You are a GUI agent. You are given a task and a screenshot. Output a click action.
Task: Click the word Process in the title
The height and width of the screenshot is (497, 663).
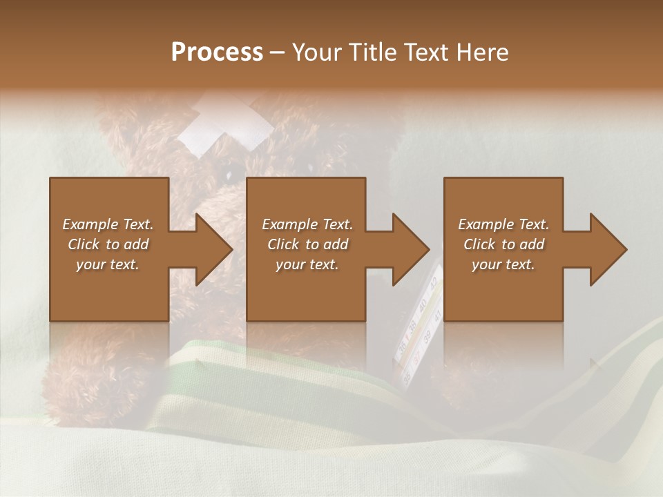point(217,52)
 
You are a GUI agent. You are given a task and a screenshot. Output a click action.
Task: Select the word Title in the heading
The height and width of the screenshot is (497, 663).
point(374,52)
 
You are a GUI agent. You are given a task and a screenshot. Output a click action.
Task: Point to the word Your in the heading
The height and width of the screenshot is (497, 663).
point(318,52)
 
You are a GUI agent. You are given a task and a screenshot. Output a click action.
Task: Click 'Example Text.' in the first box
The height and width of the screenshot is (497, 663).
point(108,224)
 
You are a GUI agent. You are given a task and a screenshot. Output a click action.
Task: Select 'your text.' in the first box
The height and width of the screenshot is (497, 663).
point(108,264)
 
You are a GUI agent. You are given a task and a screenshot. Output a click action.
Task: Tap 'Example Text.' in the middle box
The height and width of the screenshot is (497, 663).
point(307,224)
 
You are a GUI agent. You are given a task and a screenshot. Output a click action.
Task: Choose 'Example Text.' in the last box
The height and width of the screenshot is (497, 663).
point(503,224)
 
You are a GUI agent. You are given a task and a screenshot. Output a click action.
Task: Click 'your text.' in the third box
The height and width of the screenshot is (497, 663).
point(503,264)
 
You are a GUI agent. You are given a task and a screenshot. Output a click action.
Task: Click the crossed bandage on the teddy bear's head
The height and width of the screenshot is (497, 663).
point(224,124)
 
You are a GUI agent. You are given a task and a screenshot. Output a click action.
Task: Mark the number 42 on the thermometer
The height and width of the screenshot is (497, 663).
point(433,282)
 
